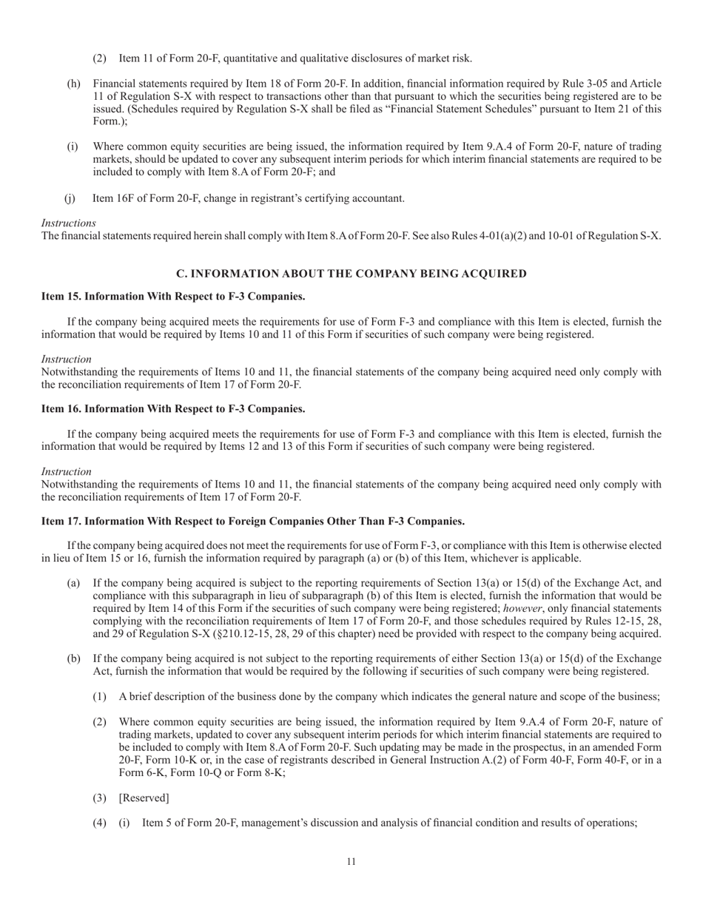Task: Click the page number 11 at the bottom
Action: pos(351,861)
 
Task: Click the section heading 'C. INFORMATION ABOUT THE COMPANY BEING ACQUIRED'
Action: pos(351,274)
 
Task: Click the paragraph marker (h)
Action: pos(74,84)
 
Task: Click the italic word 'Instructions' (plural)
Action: pos(68,223)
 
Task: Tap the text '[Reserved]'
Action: pos(144,798)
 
